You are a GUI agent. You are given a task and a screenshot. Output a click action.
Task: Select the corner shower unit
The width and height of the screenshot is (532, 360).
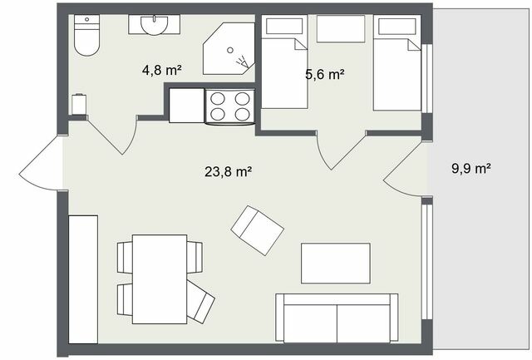click(229, 49)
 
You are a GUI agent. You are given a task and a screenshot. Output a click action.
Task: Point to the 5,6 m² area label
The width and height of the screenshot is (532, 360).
click(324, 74)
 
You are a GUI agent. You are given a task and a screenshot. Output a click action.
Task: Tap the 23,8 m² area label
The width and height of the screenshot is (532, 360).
click(228, 172)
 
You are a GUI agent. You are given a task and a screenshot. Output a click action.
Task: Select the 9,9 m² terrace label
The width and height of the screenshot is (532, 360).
click(470, 168)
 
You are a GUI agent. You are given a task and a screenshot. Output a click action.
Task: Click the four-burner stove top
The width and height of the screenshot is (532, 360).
click(229, 106)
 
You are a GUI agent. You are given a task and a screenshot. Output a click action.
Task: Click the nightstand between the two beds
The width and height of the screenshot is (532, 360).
click(341, 29)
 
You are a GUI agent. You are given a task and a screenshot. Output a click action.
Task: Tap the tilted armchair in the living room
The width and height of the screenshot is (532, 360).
click(257, 229)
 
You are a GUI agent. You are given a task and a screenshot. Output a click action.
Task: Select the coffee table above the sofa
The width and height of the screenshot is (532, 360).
click(335, 263)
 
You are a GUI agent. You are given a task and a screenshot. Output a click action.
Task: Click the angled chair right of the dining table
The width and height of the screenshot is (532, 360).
click(200, 302)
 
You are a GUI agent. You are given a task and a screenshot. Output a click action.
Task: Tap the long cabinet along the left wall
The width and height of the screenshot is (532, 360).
click(83, 278)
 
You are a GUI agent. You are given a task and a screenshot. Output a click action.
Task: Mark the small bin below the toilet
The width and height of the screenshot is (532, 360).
click(80, 105)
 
